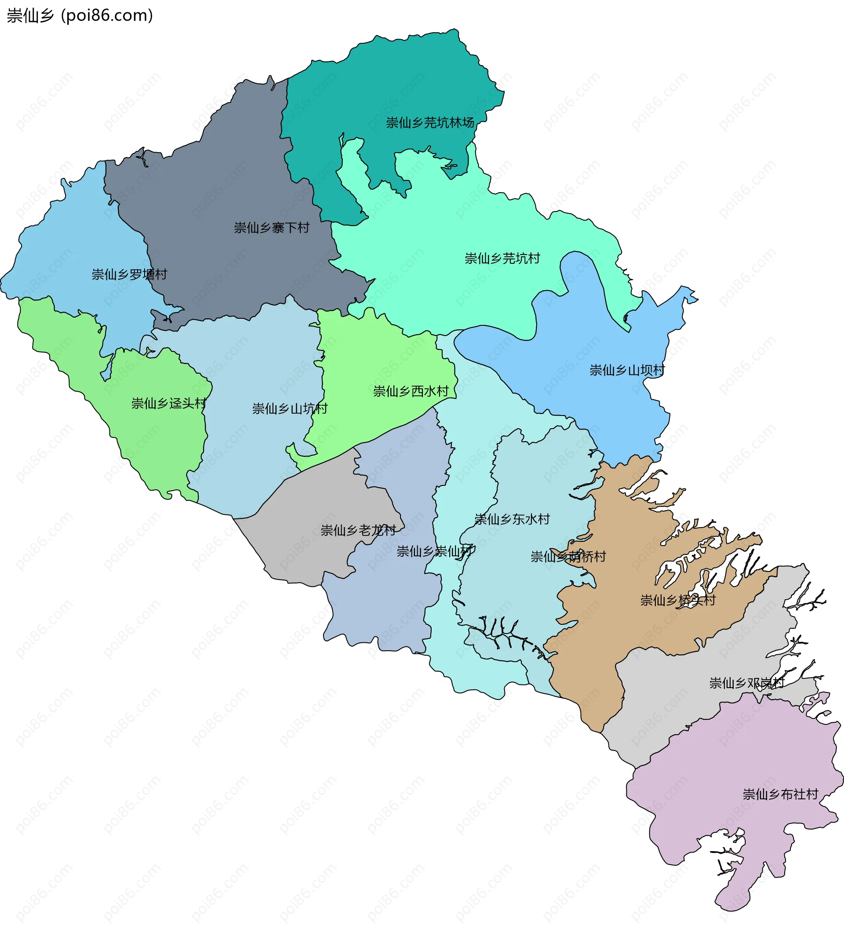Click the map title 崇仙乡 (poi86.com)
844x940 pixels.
pyautogui.click(x=80, y=16)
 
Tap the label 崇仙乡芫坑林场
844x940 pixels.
pyautogui.click(x=430, y=123)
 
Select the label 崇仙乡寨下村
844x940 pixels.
pyautogui.click(x=271, y=228)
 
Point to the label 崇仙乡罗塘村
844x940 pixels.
pyautogui.click(x=129, y=274)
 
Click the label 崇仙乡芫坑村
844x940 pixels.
pyautogui.click(x=502, y=259)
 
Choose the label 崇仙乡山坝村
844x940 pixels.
pyautogui.click(x=627, y=370)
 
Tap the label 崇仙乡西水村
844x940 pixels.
pyautogui.click(x=411, y=391)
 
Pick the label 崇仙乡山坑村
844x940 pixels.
pyautogui.click(x=290, y=408)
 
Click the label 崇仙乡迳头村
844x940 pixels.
pyautogui.click(x=169, y=404)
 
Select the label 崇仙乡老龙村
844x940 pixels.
pyautogui.click(x=358, y=530)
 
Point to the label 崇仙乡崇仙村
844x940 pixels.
pyautogui.click(x=436, y=551)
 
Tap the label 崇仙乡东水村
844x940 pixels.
pyautogui.click(x=512, y=519)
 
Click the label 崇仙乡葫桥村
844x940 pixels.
pyautogui.click(x=568, y=557)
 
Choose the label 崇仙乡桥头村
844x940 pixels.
pyautogui.click(x=677, y=601)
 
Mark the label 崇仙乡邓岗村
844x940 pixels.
pyautogui.click(x=746, y=683)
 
